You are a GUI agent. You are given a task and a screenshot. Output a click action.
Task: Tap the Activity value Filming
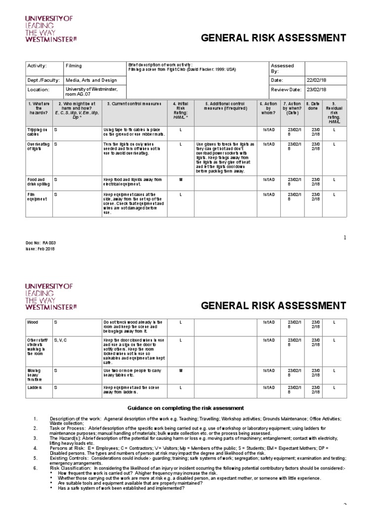pyautogui.click(x=74, y=66)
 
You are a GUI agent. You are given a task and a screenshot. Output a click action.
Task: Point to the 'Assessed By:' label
pyautogui.click(x=282, y=68)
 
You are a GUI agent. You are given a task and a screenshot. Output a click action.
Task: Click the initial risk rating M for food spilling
pyautogui.click(x=181, y=180)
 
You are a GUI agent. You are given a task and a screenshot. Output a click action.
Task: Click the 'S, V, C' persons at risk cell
pyautogui.click(x=60, y=340)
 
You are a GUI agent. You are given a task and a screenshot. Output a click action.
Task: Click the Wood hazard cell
pyautogui.click(x=33, y=322)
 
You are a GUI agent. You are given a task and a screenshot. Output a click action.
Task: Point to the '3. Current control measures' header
pyautogui.click(x=134, y=104)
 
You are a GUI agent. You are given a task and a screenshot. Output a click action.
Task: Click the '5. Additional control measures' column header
pyautogui.click(x=225, y=107)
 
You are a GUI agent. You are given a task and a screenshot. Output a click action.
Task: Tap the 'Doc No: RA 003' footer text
pyautogui.click(x=38, y=243)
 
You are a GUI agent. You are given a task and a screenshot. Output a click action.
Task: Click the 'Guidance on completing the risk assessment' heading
pyautogui.click(x=186, y=408)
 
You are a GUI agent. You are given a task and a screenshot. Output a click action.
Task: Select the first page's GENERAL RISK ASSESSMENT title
pyautogui.click(x=274, y=38)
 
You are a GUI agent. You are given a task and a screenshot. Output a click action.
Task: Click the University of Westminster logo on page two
pyautogui.click(x=49, y=296)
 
